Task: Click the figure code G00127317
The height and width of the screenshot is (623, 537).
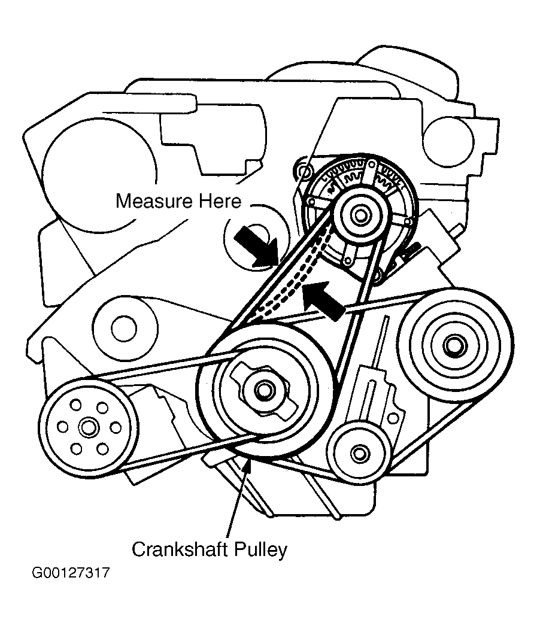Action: [71, 573]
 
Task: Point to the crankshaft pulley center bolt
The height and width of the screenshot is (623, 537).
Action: [263, 390]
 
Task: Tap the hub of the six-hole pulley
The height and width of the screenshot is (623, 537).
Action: [89, 427]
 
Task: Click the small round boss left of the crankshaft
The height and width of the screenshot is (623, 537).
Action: [124, 327]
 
